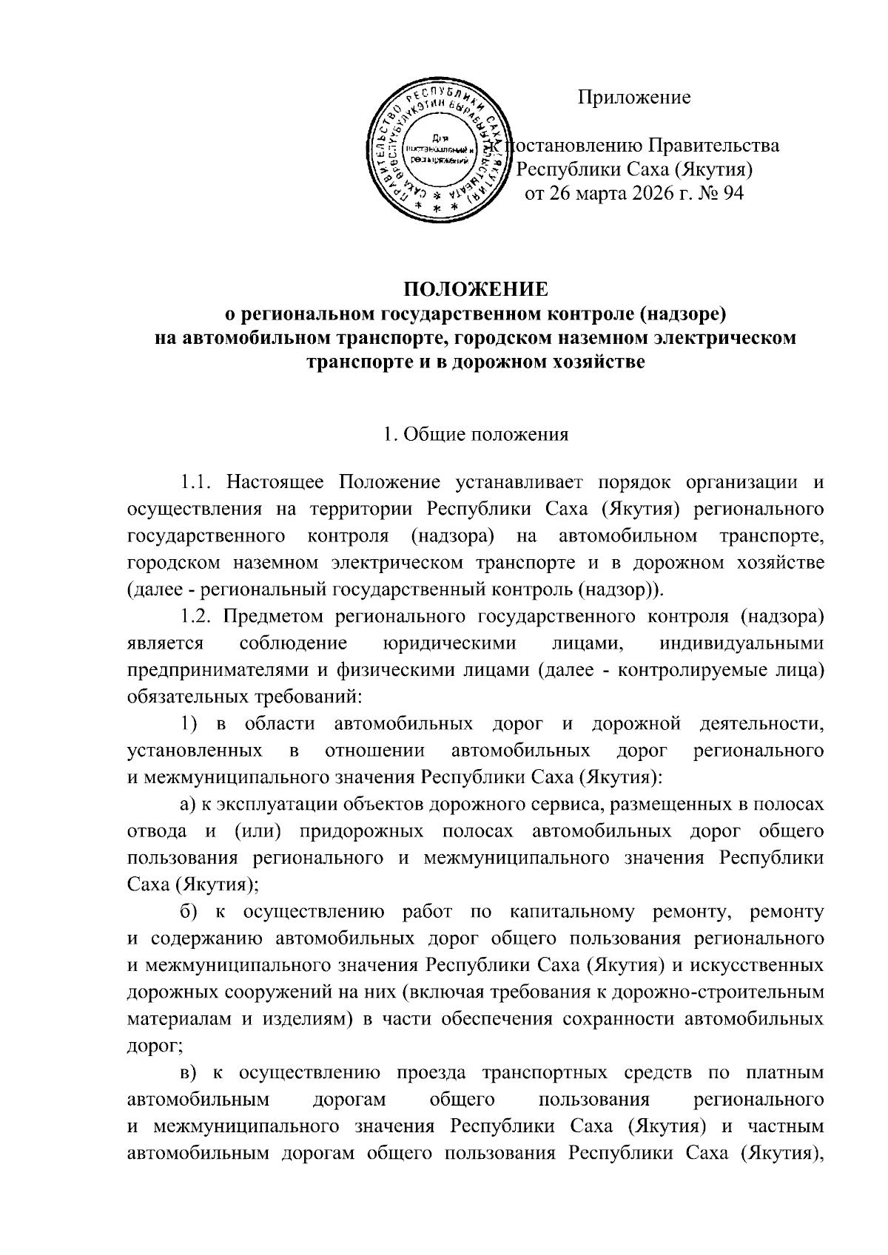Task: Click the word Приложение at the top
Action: [634, 98]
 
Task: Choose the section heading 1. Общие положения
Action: [477, 434]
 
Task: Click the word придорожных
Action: [361, 831]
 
